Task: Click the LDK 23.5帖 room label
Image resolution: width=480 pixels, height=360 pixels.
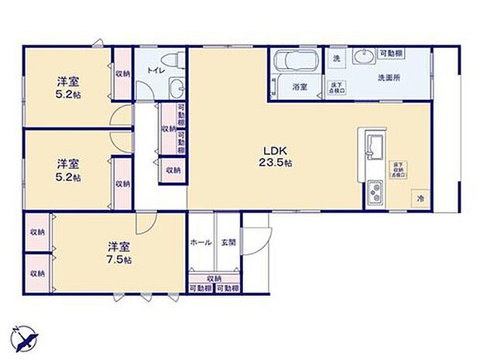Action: click(x=275, y=156)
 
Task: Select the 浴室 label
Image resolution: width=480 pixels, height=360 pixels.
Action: click(x=299, y=87)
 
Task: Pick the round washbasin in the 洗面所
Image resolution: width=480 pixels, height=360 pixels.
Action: click(x=362, y=56)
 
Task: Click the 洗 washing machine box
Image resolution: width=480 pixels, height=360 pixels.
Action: click(x=336, y=58)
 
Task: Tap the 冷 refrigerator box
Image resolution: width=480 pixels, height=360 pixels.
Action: click(x=420, y=199)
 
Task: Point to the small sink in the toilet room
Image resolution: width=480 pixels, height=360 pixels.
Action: click(x=176, y=87)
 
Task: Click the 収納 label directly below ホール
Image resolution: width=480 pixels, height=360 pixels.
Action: click(x=214, y=278)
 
